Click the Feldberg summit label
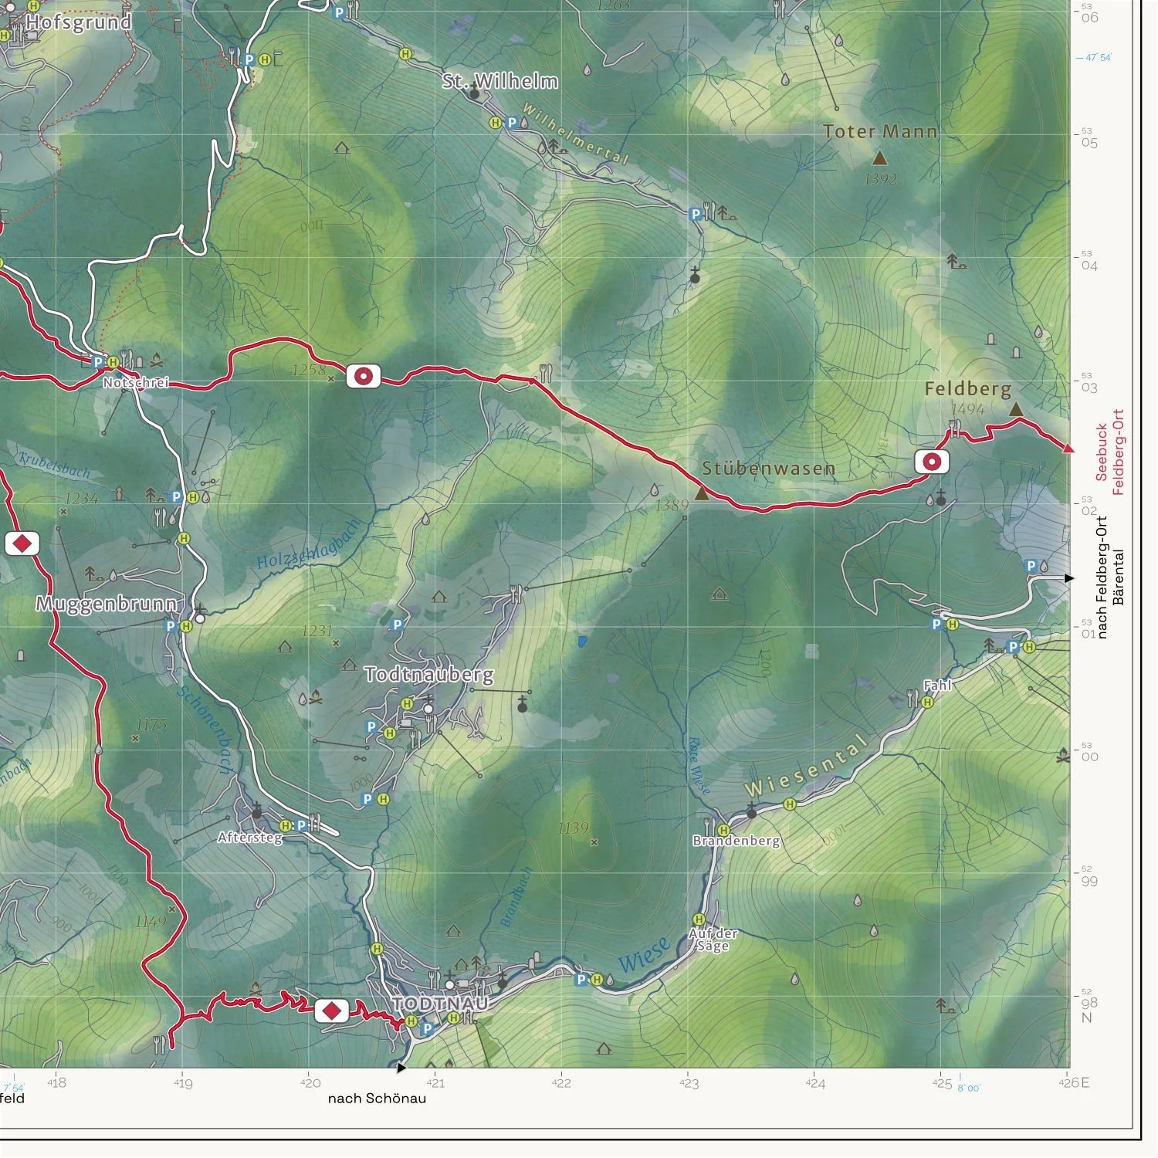click(967, 388)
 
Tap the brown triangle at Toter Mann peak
click(879, 158)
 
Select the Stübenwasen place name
click(768, 469)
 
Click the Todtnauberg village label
click(428, 674)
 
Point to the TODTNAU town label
click(440, 1004)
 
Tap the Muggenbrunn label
click(107, 604)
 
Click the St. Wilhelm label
click(499, 81)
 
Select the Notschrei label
click(136, 382)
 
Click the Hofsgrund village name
click(78, 22)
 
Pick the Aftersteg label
click(249, 837)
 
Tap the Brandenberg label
click(736, 840)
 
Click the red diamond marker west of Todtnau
click(332, 1010)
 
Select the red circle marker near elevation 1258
click(363, 376)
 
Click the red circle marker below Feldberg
click(932, 462)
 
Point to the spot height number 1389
click(671, 505)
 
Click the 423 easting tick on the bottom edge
click(689, 1083)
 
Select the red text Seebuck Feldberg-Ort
click(1110, 452)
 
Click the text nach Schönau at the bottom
click(377, 1098)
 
